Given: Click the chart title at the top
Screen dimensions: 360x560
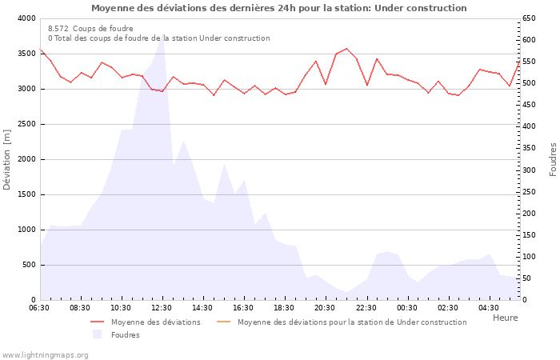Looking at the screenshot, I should coord(278,8).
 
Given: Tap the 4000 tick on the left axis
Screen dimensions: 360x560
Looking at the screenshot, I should coord(26,18).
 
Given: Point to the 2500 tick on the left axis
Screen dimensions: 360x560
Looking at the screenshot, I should coord(26,124).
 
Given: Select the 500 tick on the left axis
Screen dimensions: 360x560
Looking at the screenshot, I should coord(28,265).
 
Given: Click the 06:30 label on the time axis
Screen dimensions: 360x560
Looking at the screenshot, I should coord(39,308).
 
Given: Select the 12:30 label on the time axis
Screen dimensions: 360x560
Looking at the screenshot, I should coord(162,308).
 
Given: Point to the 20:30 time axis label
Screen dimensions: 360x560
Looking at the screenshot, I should coord(325,308).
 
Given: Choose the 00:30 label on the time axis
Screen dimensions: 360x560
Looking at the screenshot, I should coord(406,308).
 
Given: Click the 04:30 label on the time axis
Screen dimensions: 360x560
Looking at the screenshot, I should coord(488,308).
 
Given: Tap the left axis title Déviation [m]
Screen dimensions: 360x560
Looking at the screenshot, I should coord(8,159).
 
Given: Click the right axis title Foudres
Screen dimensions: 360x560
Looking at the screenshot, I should coord(553,159).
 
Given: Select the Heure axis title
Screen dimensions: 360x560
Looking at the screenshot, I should coord(505,318).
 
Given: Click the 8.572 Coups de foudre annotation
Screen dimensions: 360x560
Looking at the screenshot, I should coord(90,28).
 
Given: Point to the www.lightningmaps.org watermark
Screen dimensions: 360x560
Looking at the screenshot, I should coord(46,354).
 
